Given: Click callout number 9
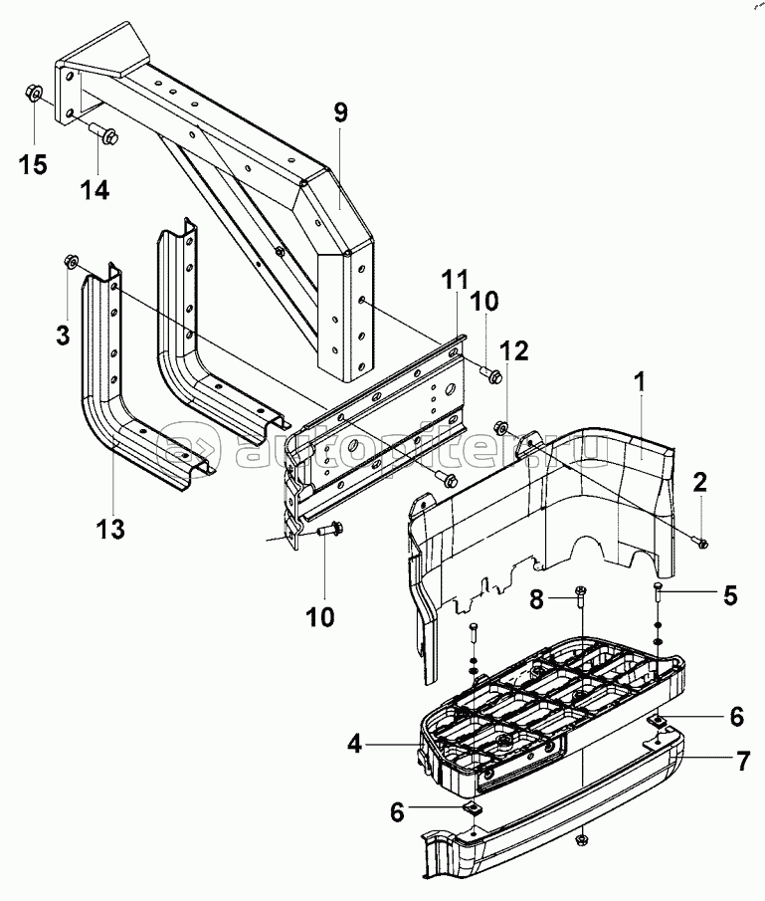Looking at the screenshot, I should point(340,113).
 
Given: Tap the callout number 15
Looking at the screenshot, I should point(34,163).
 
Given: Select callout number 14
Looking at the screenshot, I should point(95,189).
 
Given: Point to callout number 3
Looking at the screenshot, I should point(63,335).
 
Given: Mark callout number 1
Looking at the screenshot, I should point(640,379).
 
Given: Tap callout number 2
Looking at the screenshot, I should point(700,483).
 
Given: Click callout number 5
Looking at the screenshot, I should point(729,596).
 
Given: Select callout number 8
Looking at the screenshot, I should point(535,600).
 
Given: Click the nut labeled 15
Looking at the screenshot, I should point(32,96).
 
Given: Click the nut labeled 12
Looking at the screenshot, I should point(502,429).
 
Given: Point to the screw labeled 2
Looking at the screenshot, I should point(698,542).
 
